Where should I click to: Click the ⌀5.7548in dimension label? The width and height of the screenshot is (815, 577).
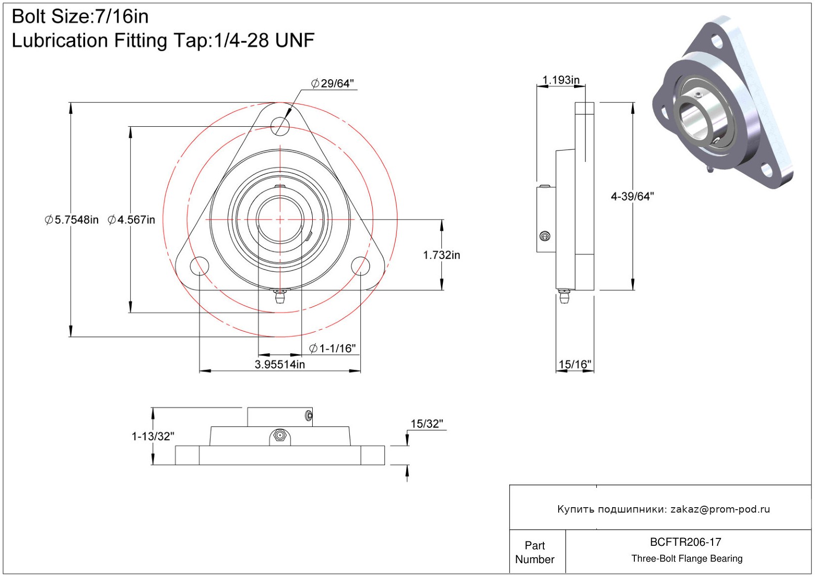point(72,219)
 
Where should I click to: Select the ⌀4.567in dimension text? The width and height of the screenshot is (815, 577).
point(131,219)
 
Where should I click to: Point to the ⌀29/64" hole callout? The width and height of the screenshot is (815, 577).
point(333,83)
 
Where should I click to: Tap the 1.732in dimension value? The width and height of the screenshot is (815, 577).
point(441,255)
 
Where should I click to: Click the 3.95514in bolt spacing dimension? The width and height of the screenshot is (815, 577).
point(280,364)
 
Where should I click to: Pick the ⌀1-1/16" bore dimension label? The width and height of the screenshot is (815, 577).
point(332,349)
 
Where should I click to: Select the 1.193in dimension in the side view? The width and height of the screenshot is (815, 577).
point(561,80)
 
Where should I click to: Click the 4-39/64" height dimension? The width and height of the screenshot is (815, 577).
point(632,196)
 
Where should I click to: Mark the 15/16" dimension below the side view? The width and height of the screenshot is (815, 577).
point(575,364)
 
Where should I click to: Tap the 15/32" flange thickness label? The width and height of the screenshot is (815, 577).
point(427,423)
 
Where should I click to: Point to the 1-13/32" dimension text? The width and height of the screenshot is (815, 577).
point(153,436)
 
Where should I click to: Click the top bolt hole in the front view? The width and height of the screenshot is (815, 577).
point(280,126)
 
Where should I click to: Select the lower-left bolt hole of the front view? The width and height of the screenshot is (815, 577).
point(199,266)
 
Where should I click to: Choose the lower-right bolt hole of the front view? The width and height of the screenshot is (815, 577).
point(361,266)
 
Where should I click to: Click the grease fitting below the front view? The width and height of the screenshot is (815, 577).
point(280,296)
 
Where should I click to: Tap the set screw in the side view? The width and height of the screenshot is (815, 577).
point(545,236)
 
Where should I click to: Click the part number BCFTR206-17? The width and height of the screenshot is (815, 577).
point(685,542)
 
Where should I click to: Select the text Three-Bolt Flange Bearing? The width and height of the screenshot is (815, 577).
point(687,558)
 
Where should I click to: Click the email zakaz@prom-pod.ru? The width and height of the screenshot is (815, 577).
point(720,509)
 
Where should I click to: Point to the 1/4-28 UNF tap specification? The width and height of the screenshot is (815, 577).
point(264,40)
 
